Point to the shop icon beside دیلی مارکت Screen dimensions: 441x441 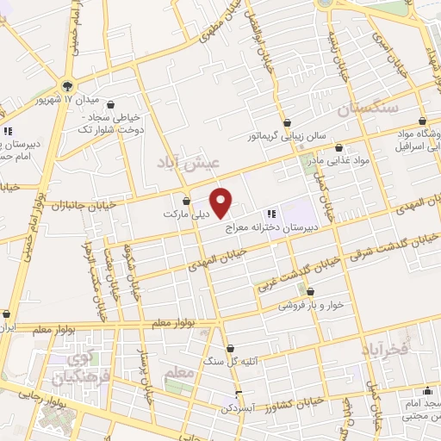tap(187, 202)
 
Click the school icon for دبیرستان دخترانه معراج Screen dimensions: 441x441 tap(270, 213)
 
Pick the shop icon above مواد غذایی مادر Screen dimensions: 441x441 tap(339, 147)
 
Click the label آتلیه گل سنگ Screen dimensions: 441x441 tap(229, 362)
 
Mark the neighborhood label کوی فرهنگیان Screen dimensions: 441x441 tap(71, 368)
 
